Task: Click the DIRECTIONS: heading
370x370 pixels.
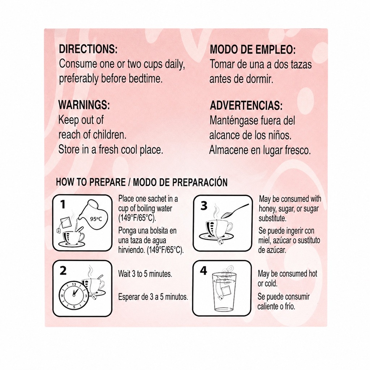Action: (x=88, y=49)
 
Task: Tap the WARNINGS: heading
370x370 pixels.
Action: (x=84, y=105)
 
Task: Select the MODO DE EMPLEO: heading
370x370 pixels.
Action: (x=253, y=50)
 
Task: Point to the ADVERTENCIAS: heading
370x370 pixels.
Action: (x=246, y=106)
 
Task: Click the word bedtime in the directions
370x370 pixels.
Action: (x=146, y=78)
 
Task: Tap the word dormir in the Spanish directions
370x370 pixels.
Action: (x=259, y=79)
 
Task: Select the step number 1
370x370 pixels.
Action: (x=63, y=205)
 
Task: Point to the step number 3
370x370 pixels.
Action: (x=204, y=206)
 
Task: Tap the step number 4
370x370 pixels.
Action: (x=203, y=271)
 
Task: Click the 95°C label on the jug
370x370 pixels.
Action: (x=96, y=219)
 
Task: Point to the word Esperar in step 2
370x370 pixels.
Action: (x=129, y=297)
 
